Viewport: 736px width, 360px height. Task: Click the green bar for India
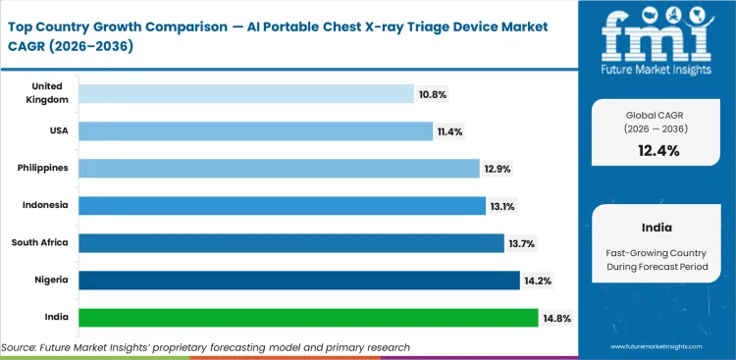tap(308, 317)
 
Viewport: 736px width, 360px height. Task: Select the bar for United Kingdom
tap(245, 93)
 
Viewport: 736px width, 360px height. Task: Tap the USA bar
tap(255, 130)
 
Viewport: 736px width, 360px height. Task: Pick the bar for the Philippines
tap(279, 168)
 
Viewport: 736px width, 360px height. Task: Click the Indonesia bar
tap(282, 205)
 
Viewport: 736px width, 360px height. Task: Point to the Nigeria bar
tap(299, 280)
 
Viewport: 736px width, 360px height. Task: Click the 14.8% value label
tap(556, 318)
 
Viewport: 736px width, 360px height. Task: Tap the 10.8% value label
tap(432, 94)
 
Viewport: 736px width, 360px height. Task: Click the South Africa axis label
tap(40, 242)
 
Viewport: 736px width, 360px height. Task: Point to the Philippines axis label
tap(43, 168)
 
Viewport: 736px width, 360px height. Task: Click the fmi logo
tap(656, 39)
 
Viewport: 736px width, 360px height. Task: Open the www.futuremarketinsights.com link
tap(663, 346)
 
